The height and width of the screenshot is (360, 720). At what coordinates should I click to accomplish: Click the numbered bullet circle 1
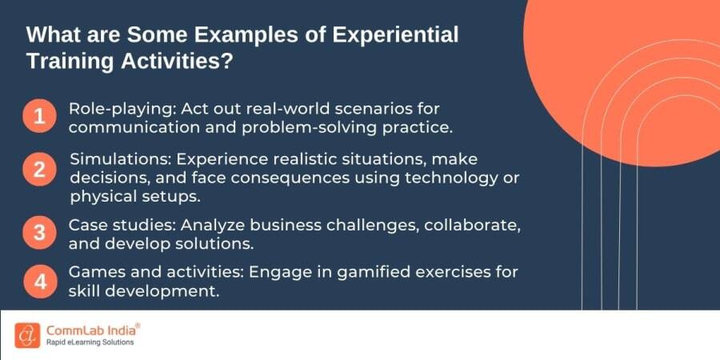pos(39,116)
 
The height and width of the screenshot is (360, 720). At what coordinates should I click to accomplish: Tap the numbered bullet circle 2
pos(39,170)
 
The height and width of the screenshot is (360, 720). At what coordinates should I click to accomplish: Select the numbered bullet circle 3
pos(39,232)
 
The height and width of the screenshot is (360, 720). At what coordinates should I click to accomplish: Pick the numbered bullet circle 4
pos(39,282)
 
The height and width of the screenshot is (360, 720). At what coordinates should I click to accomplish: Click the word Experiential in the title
pos(395,36)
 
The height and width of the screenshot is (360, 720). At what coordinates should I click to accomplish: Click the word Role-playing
pos(122,110)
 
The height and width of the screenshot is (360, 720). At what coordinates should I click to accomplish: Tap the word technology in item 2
pos(449,178)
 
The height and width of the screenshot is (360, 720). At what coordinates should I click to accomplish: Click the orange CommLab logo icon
pos(27,335)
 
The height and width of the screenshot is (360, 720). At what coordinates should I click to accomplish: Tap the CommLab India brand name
pos(91,330)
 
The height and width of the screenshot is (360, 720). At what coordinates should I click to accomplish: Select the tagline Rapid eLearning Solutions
pos(90,342)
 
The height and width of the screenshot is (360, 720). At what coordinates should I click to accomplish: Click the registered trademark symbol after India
pos(138,326)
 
